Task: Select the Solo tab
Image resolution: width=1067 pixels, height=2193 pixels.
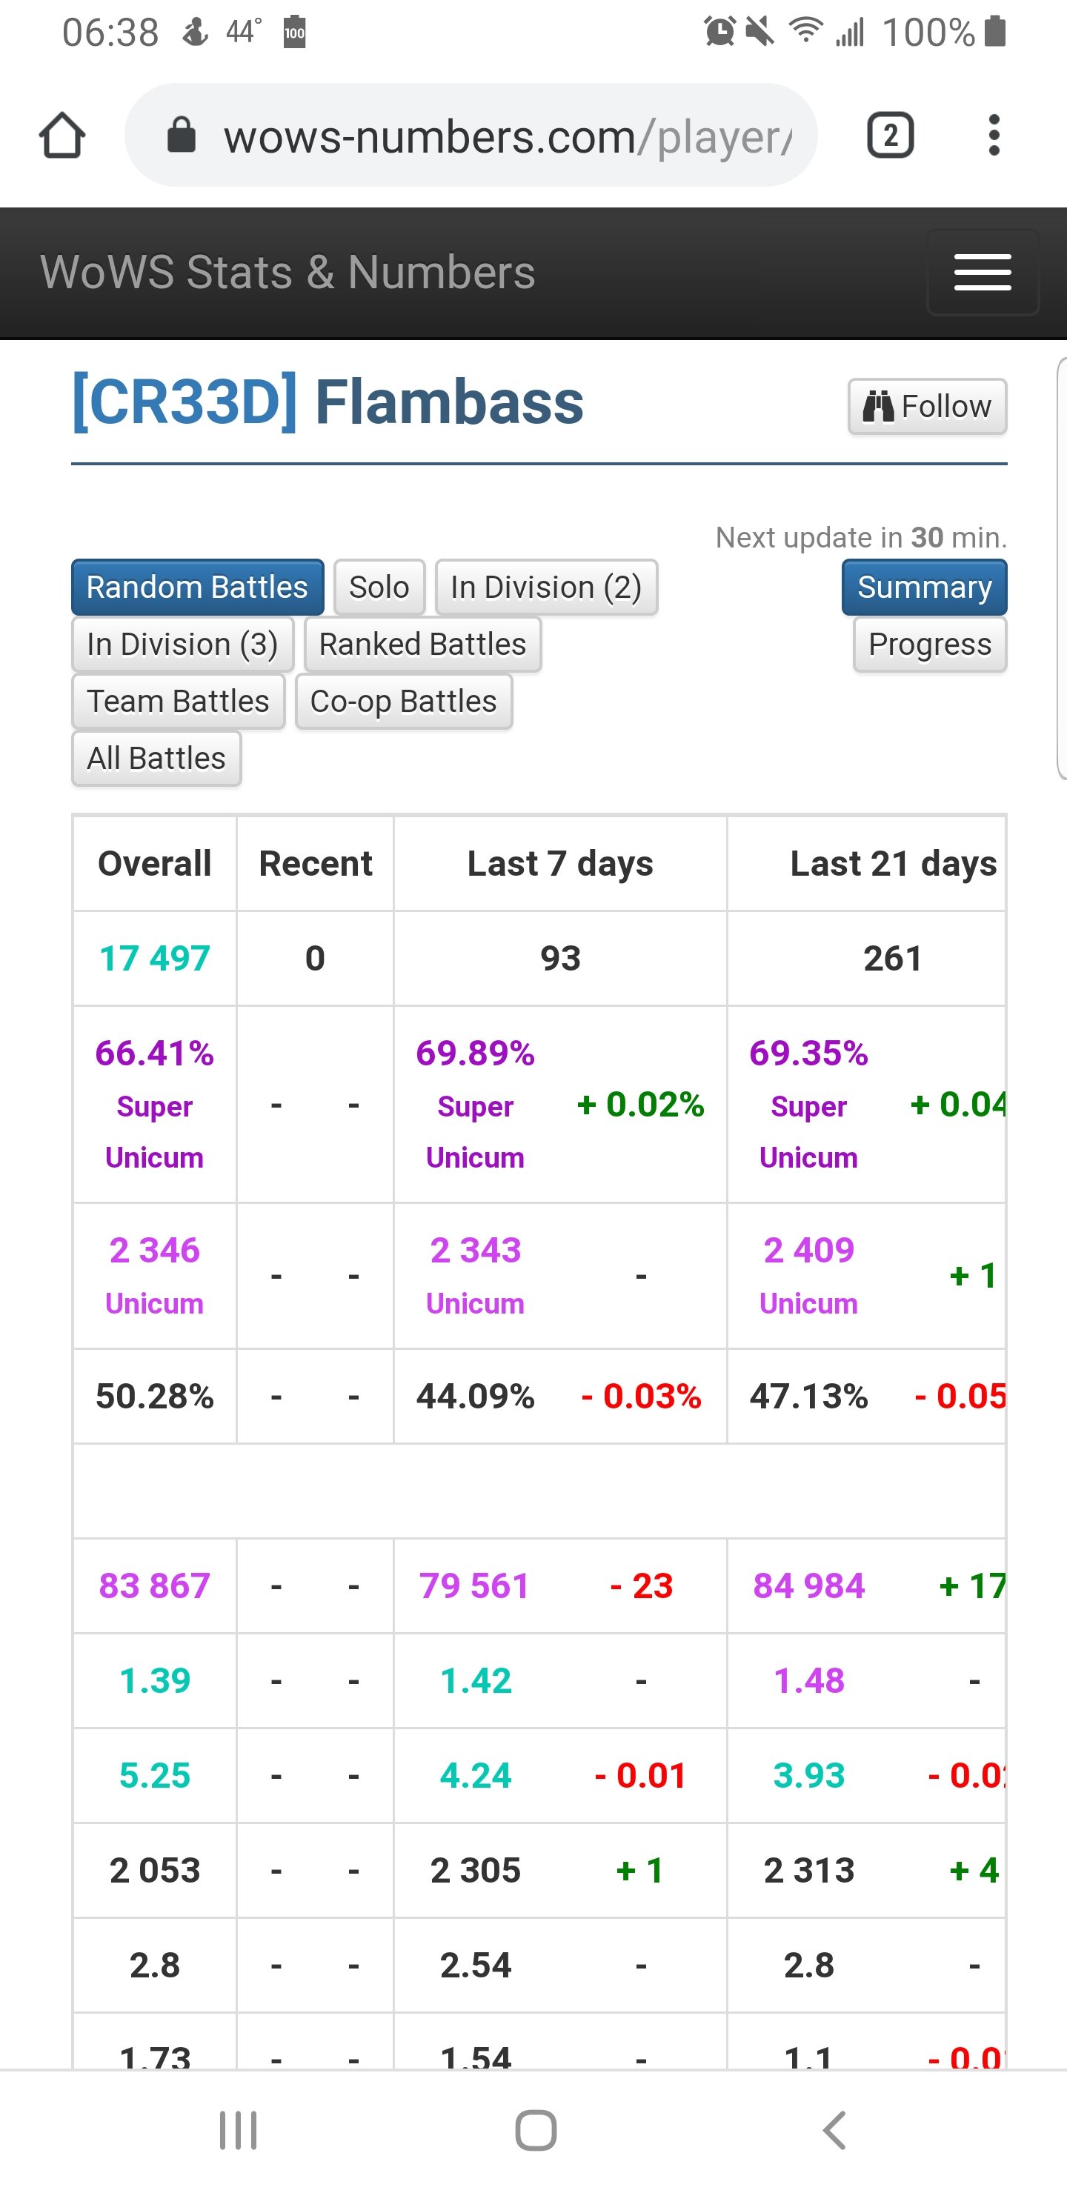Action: coord(379,588)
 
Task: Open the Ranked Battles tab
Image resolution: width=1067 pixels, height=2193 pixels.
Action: coord(422,645)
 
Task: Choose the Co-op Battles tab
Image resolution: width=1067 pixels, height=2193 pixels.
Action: coord(404,702)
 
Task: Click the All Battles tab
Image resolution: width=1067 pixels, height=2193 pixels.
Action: coord(156,759)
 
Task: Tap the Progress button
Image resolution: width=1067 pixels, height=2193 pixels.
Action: coord(929,645)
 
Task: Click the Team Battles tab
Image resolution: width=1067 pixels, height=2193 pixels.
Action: coord(178,702)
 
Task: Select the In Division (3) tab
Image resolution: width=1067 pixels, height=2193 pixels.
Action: coord(182,645)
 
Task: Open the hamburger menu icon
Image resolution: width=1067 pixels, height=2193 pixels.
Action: coord(982,273)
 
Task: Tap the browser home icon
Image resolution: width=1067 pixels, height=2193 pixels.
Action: coord(62,136)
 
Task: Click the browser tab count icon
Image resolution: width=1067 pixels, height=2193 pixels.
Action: coord(890,136)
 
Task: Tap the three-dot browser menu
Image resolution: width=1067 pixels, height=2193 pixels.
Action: coord(993,136)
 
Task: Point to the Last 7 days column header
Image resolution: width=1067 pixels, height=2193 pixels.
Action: coord(560,863)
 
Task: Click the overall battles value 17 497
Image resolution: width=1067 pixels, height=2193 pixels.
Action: coord(155,959)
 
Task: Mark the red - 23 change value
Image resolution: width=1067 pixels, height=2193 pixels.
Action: coord(641,1586)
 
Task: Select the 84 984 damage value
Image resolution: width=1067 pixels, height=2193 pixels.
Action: coord(808,1586)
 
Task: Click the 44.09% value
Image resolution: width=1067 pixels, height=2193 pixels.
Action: coord(475,1396)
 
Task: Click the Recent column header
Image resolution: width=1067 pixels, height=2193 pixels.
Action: coord(315,863)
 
